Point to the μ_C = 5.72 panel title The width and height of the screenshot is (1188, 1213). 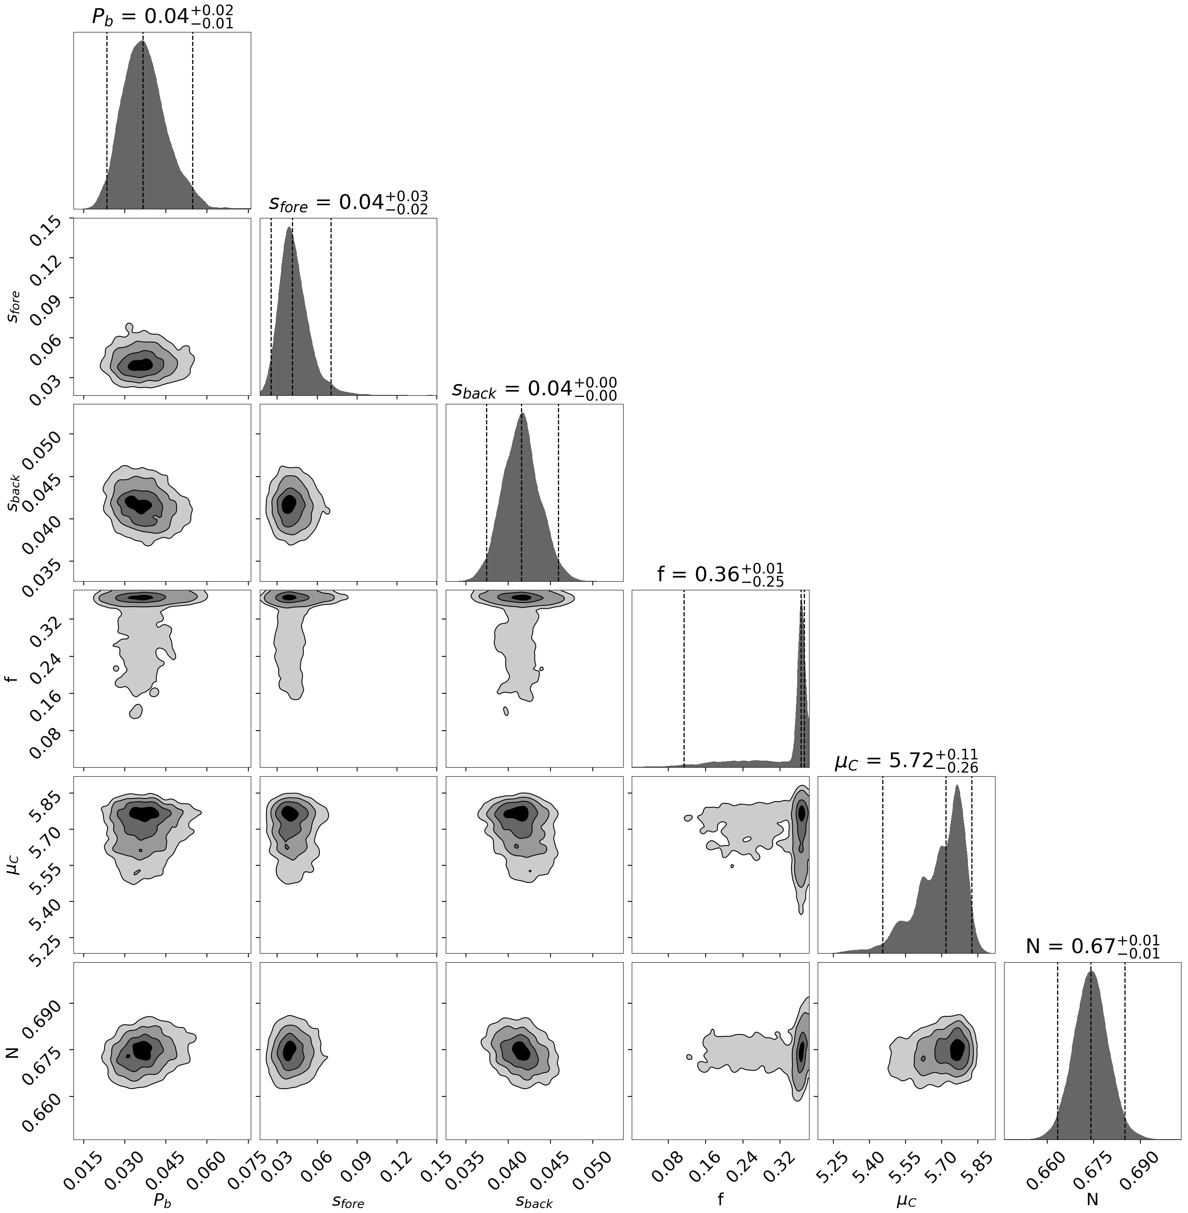click(906, 761)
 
